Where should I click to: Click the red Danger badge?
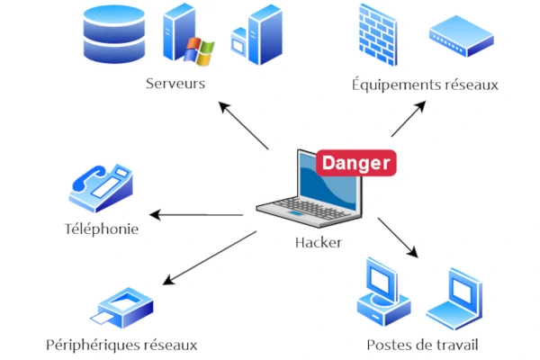[355, 163]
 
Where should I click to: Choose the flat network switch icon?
[460, 37]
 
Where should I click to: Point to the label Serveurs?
[175, 84]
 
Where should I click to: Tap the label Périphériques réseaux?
[121, 345]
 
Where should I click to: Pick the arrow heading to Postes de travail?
[400, 238]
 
